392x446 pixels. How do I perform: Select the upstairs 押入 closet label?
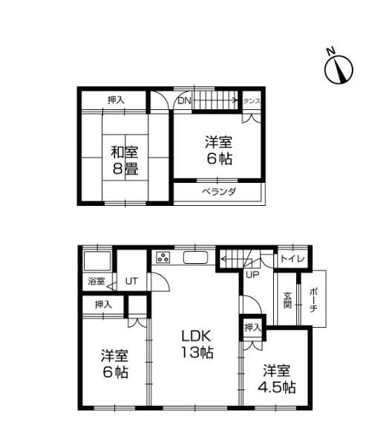click(115, 100)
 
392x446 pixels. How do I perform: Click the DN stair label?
click(183, 100)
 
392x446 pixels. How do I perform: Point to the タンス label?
click(252, 100)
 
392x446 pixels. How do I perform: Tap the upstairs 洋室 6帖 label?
click(218, 150)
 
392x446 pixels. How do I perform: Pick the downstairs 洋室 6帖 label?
click(115, 363)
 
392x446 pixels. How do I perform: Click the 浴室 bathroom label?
click(97, 282)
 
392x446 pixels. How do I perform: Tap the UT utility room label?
click(131, 281)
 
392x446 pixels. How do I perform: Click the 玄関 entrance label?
click(287, 301)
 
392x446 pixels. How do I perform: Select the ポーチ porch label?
click(313, 300)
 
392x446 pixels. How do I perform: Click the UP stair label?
click(252, 275)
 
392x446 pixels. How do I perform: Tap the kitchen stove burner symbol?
click(163, 259)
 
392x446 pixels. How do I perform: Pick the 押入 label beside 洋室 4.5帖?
click(252, 328)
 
